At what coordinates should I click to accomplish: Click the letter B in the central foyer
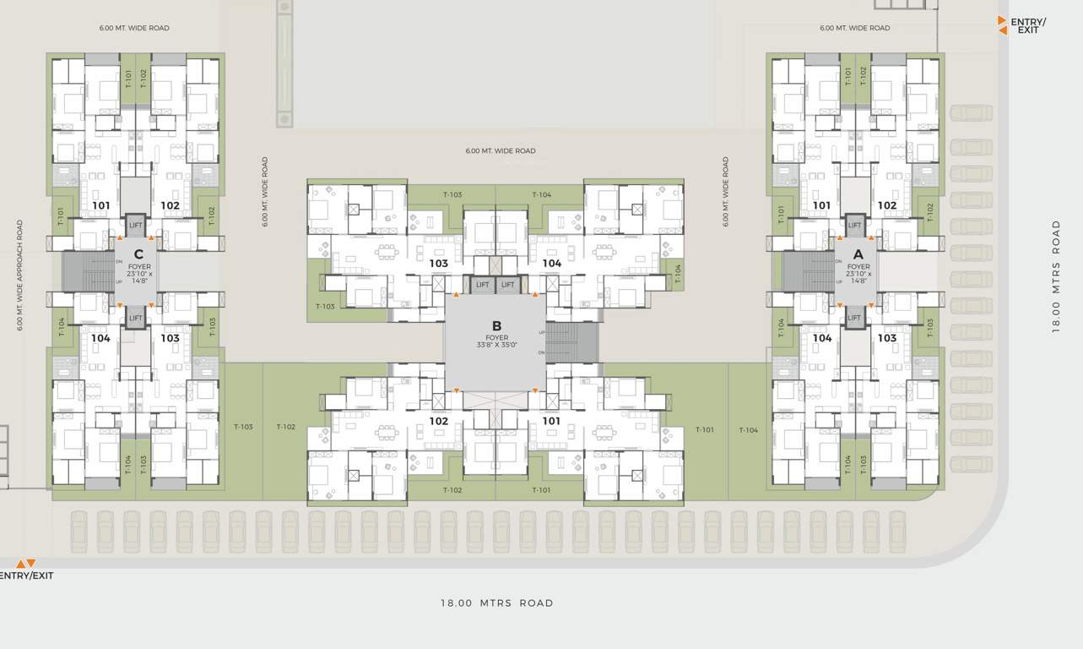(x=496, y=325)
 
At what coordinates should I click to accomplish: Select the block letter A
(x=858, y=254)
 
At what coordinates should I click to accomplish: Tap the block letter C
(x=138, y=254)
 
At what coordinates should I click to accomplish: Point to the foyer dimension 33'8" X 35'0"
(x=496, y=346)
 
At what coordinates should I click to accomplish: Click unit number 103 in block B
(x=438, y=264)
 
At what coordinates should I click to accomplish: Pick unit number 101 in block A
(x=821, y=205)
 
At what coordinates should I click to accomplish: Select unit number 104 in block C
(x=100, y=338)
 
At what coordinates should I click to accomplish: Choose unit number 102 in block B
(x=438, y=421)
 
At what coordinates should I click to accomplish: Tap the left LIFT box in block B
(x=483, y=286)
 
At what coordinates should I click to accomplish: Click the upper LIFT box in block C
(x=136, y=226)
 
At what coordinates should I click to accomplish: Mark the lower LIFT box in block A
(x=854, y=318)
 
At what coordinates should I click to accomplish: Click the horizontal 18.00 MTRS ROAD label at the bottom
(x=496, y=603)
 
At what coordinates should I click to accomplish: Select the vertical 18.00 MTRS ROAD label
(x=1056, y=277)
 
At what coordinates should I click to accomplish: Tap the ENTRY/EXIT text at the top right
(x=1028, y=25)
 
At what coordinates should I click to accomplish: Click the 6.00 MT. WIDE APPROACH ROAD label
(x=20, y=275)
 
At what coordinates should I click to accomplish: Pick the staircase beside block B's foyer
(x=572, y=342)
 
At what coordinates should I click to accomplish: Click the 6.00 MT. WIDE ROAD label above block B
(x=500, y=151)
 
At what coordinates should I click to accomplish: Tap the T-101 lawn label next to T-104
(x=704, y=430)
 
